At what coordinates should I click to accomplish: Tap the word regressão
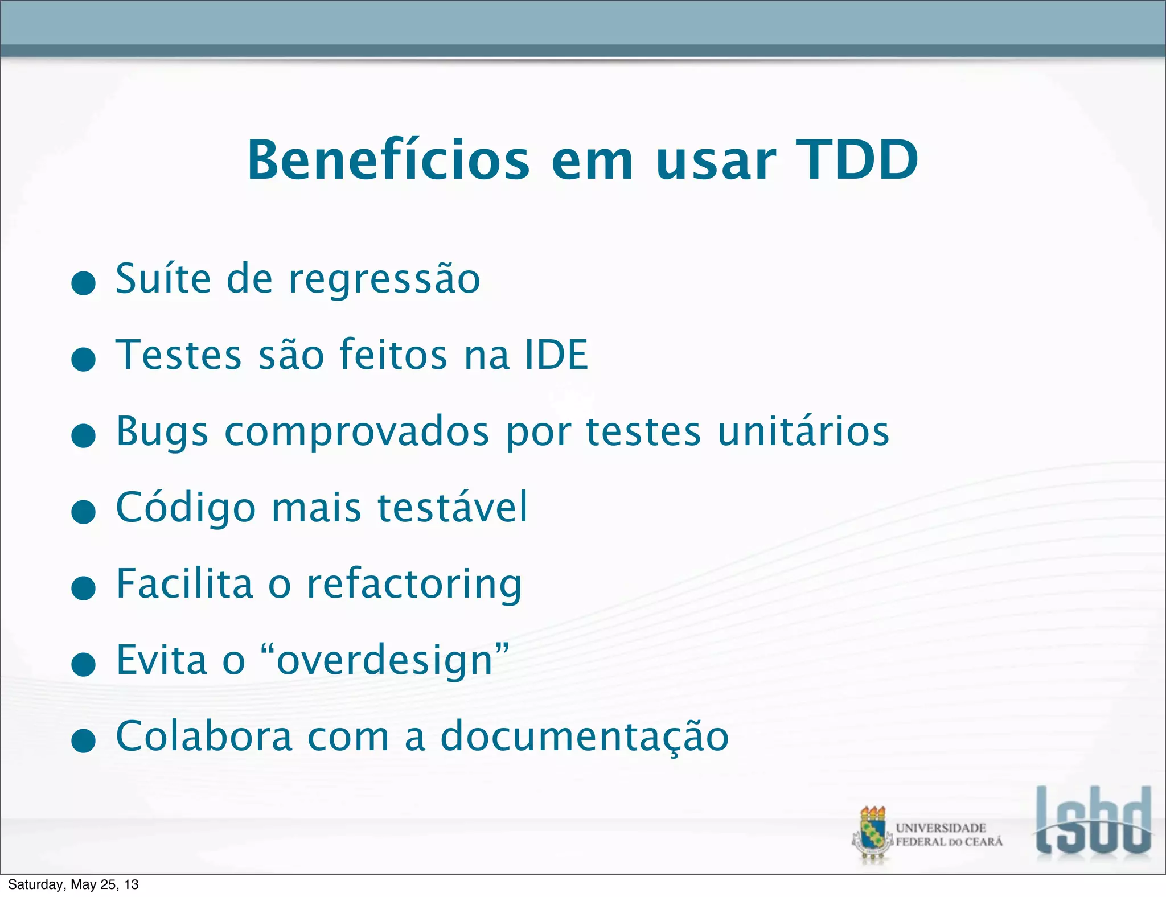coord(384,280)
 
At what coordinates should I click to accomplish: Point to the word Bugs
coord(162,433)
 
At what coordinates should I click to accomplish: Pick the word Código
coord(186,508)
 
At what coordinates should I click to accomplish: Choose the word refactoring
coord(414,585)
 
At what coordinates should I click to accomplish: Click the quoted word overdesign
coord(385,660)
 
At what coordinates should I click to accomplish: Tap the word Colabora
coord(204,736)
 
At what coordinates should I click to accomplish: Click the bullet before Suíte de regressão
coord(84,283)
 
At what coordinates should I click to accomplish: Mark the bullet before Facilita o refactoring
coord(84,587)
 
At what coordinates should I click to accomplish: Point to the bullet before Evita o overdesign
coord(84,664)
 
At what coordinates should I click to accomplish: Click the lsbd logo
coord(1093,821)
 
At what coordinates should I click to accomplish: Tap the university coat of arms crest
coord(872,833)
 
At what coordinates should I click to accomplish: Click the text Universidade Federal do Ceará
coord(948,835)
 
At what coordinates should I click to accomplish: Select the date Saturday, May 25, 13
coord(73,884)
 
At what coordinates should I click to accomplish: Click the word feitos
coord(393,355)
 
